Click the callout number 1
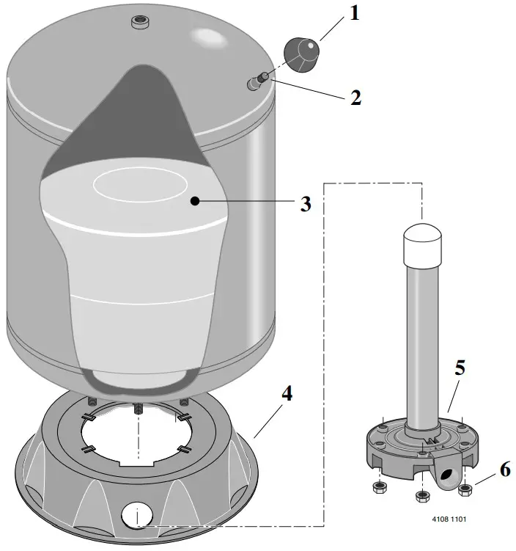coord(355,13)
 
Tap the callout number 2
coord(355,98)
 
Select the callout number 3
coord(306,204)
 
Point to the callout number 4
coord(287,393)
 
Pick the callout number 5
coord(460,368)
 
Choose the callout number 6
coord(505,470)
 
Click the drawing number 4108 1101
coord(449,519)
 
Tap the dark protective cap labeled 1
coord(301,54)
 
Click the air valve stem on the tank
coord(258,81)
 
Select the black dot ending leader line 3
coord(195,201)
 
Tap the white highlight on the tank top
coord(208,37)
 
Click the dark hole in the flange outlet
coord(447,475)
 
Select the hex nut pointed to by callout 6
coord(465,489)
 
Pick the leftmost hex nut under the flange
coord(379,487)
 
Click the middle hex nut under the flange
coord(422,496)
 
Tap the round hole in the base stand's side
coord(137,516)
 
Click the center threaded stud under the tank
coord(139,409)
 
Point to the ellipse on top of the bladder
coord(140,185)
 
